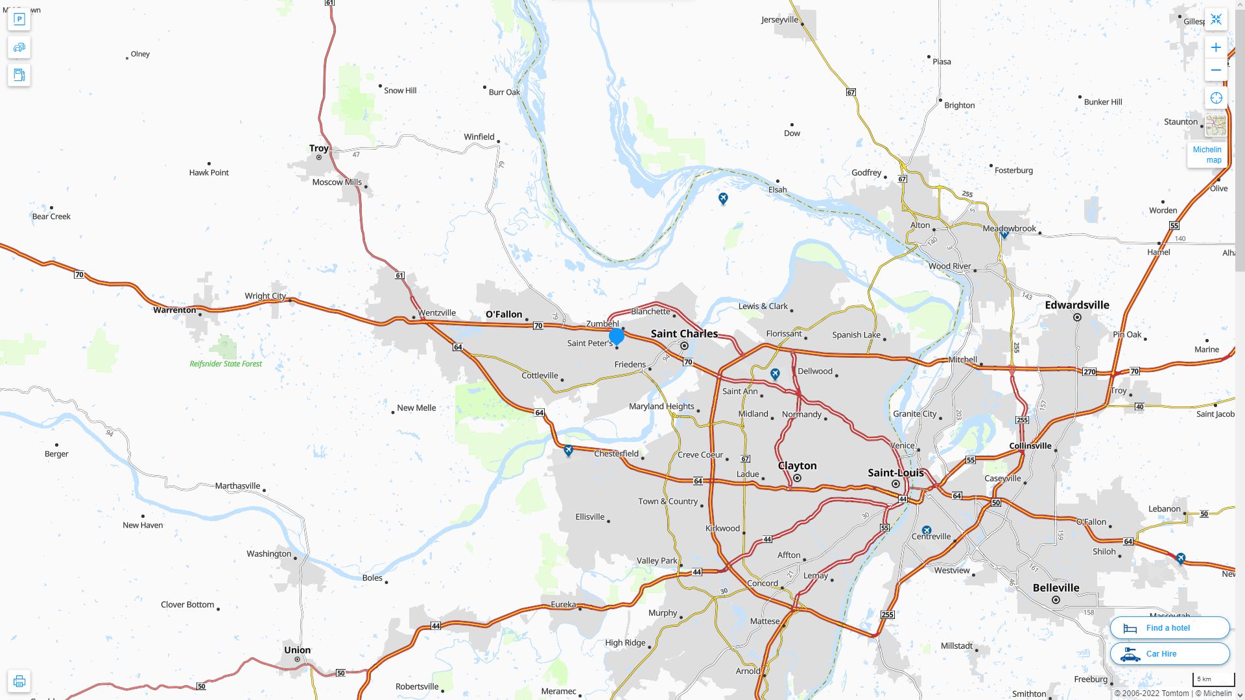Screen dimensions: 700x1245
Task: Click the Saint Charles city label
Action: [x=684, y=334]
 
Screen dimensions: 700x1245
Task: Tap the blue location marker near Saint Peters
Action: [x=617, y=336]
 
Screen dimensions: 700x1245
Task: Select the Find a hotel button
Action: [x=1169, y=628]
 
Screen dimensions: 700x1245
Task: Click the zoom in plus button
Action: [x=1216, y=47]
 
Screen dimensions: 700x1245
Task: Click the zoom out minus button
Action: [x=1216, y=70]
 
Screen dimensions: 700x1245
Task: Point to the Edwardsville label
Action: [x=1076, y=305]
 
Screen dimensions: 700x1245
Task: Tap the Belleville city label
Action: [x=1056, y=588]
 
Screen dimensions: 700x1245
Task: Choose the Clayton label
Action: [x=797, y=466]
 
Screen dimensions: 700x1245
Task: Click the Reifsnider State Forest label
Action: [x=226, y=364]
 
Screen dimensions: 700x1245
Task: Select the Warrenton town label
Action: [x=174, y=310]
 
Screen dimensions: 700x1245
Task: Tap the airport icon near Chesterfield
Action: [x=569, y=450]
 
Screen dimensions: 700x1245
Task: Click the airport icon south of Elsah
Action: [x=723, y=198]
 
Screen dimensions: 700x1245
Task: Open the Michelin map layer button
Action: [x=1207, y=154]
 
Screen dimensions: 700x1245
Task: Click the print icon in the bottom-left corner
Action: [x=19, y=681]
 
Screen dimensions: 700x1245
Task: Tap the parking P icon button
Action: [x=19, y=19]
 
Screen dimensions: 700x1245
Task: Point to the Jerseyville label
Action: [x=779, y=19]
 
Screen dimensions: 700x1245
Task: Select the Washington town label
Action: [x=268, y=554]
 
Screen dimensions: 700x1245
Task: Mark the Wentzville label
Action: [x=436, y=313]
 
